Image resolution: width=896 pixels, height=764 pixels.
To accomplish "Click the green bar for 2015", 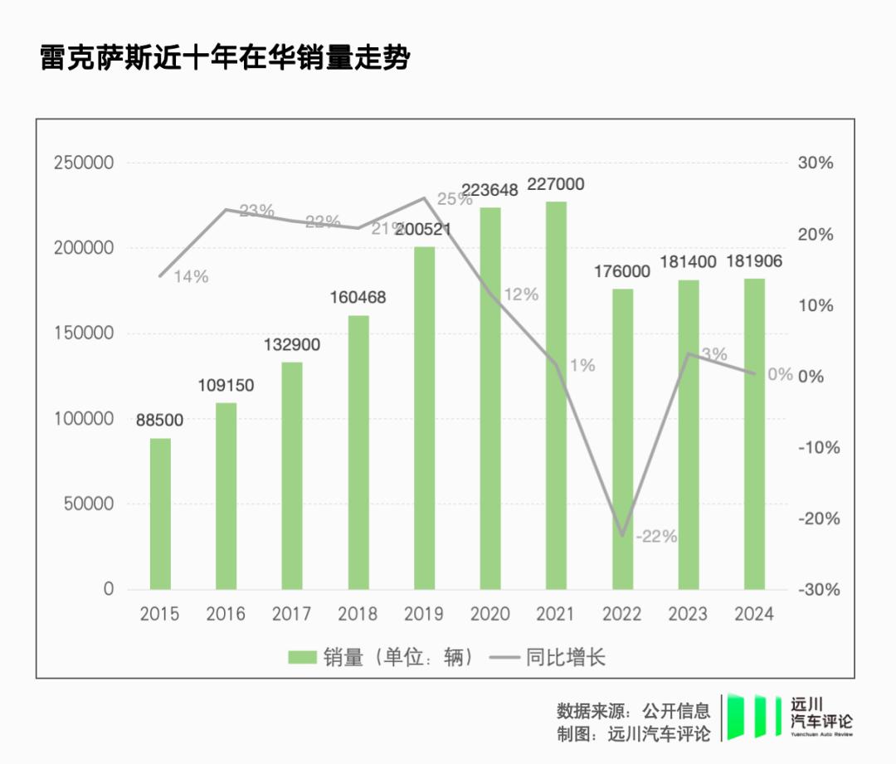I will (x=160, y=513).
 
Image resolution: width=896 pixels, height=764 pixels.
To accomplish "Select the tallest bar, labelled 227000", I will (x=556, y=395).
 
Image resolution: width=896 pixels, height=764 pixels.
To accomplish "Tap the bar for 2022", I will (x=622, y=439).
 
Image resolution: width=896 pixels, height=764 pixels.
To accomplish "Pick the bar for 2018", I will (x=358, y=452).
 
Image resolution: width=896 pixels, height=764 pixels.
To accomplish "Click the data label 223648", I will (x=489, y=190).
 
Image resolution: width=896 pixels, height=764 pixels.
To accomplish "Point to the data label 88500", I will (x=160, y=421).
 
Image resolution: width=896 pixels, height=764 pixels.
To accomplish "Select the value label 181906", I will (x=754, y=262).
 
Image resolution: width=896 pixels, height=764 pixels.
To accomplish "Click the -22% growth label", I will (x=656, y=537).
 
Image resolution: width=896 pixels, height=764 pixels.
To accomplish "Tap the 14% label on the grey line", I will (x=191, y=277).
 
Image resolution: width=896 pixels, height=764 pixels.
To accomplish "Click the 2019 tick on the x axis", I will (x=424, y=615).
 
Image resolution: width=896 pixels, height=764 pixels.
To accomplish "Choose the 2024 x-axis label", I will (x=754, y=615).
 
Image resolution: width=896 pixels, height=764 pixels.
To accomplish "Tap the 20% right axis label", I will (x=816, y=234).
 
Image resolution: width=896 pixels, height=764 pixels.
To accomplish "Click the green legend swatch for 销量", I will (x=303, y=658).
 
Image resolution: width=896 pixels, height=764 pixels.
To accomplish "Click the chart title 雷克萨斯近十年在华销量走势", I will (x=225, y=59).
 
